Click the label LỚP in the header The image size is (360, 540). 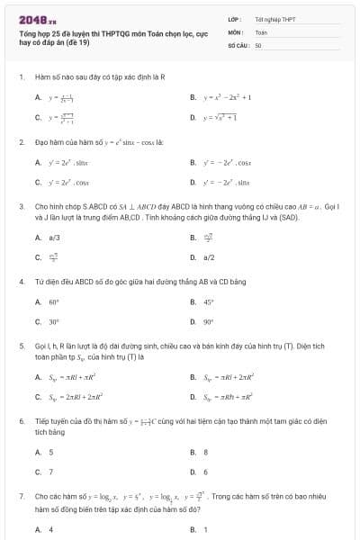[234, 18]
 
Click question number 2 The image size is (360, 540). [21, 142]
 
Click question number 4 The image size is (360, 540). [21, 282]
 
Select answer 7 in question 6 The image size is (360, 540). [50, 472]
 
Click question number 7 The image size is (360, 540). [21, 496]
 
